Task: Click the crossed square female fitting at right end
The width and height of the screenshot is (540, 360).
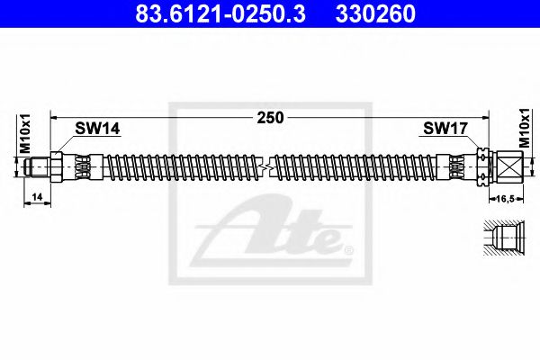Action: click(x=507, y=167)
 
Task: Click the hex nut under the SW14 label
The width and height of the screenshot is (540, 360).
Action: click(x=58, y=167)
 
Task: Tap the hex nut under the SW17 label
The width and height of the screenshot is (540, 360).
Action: click(x=482, y=167)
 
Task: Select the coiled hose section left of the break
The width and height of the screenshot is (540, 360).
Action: click(x=180, y=167)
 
